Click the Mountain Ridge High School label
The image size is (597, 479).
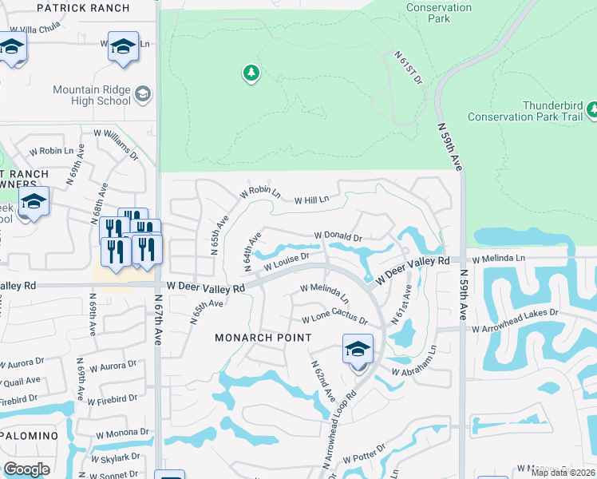pos(92,95)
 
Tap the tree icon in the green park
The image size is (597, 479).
pos(251,73)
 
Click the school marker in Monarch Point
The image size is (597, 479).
pos(358,350)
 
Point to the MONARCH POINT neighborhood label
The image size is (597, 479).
pos(263,338)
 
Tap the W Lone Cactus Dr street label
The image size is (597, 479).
pos(334,320)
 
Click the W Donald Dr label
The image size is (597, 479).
pos(338,237)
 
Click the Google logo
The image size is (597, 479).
pos(26,469)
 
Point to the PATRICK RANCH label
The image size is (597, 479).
pos(83,8)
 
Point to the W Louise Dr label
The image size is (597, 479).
pos(282,261)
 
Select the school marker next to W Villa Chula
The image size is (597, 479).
pos(13,49)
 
